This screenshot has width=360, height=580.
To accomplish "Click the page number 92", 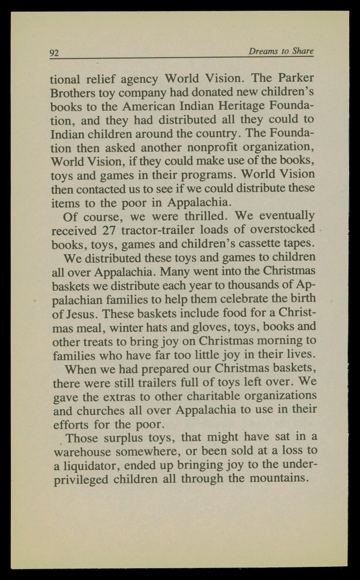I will coord(54,53).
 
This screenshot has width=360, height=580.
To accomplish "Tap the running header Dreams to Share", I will coord(281,51).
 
